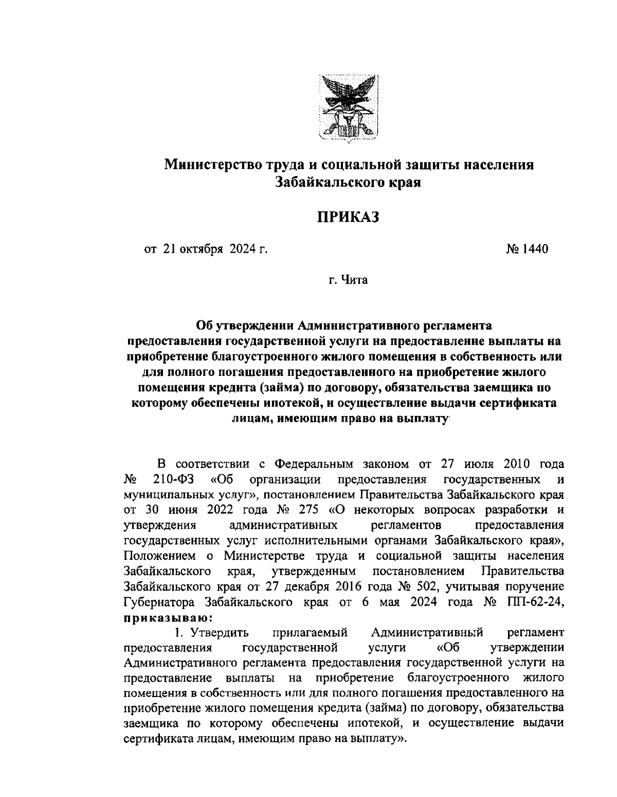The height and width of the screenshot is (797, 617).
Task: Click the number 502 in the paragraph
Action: point(428,586)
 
